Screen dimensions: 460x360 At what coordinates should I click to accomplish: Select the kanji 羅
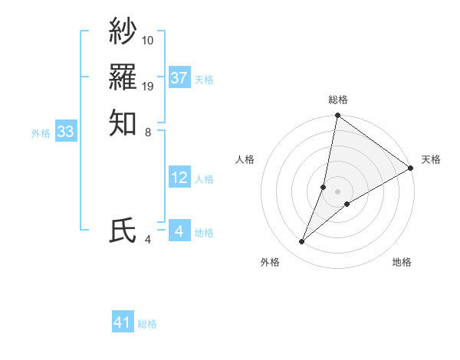click(x=123, y=77)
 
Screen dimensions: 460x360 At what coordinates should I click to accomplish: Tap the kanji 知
click(x=123, y=123)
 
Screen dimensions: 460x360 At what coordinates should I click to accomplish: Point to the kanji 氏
click(x=123, y=231)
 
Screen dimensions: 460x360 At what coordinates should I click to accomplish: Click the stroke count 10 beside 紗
click(x=148, y=40)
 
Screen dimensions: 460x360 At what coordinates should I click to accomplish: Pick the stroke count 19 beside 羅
click(x=148, y=86)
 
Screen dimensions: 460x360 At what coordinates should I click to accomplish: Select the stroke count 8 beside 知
click(x=148, y=132)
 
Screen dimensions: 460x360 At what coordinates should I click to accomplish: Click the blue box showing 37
click(x=179, y=78)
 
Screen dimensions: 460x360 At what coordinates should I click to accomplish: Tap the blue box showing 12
click(x=179, y=178)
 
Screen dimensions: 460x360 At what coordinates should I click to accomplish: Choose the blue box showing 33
click(x=66, y=133)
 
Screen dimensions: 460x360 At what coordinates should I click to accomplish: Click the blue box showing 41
click(x=123, y=322)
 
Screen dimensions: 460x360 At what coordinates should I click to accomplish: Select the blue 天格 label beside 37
click(x=204, y=79)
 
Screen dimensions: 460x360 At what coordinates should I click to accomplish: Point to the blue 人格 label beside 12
click(x=204, y=179)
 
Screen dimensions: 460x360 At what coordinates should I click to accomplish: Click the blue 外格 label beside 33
click(x=41, y=133)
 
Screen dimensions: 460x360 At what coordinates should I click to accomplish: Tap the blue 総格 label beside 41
click(x=147, y=324)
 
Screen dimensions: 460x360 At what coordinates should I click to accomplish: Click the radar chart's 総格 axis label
click(x=338, y=100)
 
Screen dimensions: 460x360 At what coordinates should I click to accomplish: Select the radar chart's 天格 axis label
click(x=431, y=159)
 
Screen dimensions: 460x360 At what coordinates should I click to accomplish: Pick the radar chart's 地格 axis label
click(x=402, y=262)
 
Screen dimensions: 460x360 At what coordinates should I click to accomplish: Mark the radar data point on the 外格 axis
click(x=302, y=242)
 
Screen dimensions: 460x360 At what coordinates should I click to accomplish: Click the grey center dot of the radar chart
click(x=338, y=191)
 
